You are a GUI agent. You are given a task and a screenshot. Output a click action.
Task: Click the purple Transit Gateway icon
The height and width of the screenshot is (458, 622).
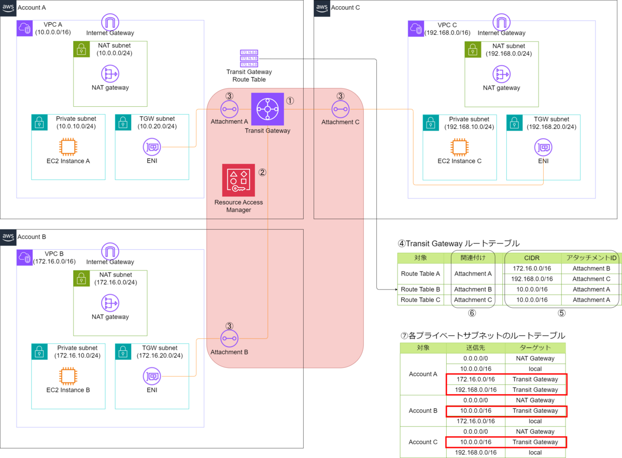coord(267,109)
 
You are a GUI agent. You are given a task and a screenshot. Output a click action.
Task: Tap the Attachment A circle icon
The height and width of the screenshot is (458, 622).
coord(229,109)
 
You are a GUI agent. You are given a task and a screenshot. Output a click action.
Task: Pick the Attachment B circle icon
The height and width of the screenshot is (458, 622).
coord(229,338)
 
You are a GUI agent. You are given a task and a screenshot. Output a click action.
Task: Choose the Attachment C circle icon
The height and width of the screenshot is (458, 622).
coord(340,109)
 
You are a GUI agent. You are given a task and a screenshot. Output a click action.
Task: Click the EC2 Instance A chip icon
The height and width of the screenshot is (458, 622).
coord(67,147)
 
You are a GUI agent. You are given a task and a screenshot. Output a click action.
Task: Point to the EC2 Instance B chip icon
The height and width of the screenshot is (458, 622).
coord(67,376)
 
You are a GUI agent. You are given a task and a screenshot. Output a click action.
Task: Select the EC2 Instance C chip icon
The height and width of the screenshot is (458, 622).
coord(459,147)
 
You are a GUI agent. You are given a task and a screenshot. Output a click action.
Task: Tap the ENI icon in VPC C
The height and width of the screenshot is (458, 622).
coord(543,148)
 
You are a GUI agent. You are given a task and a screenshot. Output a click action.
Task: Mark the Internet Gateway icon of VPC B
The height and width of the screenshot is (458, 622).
coord(110,250)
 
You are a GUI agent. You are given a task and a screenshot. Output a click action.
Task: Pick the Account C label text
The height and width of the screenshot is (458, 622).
coord(345,7)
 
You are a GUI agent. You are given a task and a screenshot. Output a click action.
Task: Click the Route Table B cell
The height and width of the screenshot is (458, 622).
coord(420,289)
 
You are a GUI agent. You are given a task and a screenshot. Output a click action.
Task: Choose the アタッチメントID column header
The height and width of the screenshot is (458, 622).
coord(591,257)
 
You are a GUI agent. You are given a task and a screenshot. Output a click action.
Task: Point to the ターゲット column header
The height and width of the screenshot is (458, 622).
coord(535,348)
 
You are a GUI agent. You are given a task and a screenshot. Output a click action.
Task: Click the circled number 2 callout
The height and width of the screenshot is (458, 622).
coord(262,173)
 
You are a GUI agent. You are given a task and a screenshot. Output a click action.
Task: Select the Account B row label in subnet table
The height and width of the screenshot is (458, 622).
coord(423,411)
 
